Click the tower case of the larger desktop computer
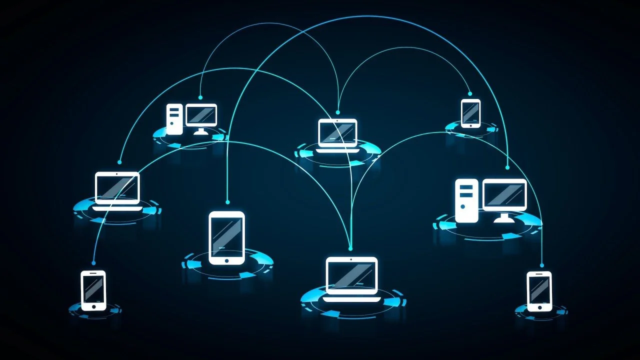coord(466,200)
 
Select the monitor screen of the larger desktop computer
coord(504,194)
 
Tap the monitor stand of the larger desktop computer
coord(504,218)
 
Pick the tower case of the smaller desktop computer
coord(174,119)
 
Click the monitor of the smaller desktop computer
coord(201,115)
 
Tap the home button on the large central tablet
coord(226,260)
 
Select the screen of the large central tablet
coord(226,235)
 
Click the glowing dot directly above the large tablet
coord(227,202)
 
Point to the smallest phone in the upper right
coord(470,113)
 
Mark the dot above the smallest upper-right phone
coord(470,93)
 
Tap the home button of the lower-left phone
coord(93,305)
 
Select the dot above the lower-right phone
coord(542,265)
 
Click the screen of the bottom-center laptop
coord(351,276)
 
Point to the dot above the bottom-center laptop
coord(350,248)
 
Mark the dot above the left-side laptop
coord(119,162)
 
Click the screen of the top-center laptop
coord(337,132)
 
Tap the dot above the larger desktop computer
coord(507,167)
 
